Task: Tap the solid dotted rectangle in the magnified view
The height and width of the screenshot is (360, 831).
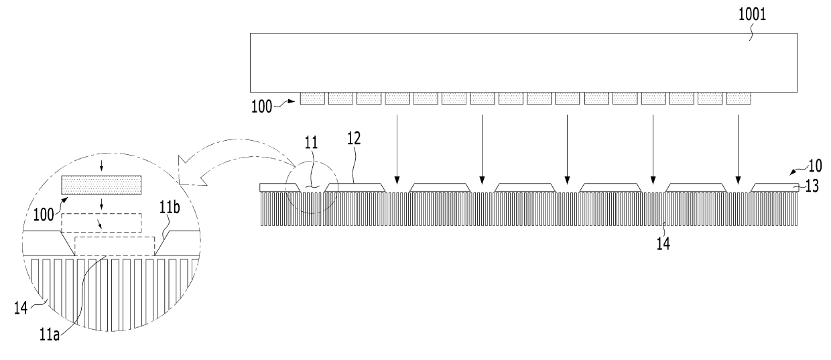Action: click(101, 185)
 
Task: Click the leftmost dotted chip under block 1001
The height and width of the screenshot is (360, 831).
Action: click(312, 99)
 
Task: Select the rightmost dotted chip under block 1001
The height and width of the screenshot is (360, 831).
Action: click(739, 99)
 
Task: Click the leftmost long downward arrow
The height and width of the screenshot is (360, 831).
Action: click(397, 147)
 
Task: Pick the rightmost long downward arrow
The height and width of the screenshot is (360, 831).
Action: click(738, 147)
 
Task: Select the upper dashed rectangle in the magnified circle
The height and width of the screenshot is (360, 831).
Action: click(101, 222)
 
